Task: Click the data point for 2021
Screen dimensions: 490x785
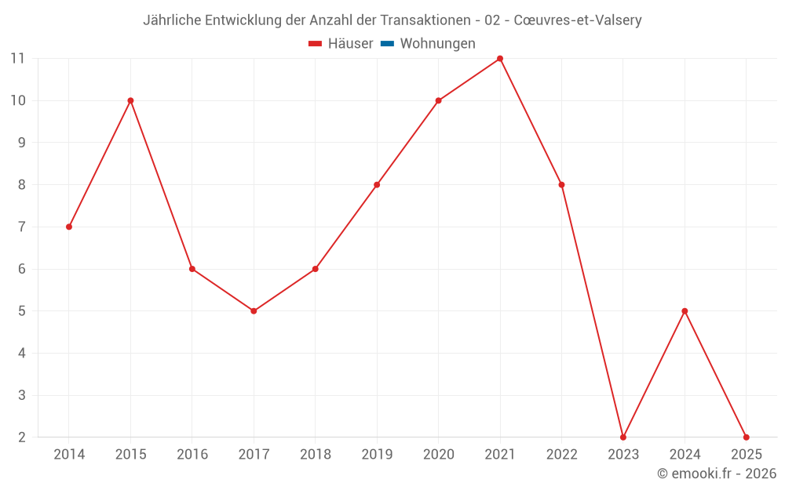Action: [x=500, y=59]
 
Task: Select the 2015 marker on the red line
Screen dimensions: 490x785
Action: [x=130, y=100]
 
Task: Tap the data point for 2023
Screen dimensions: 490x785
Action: [x=623, y=437]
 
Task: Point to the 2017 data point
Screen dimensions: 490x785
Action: [x=254, y=311]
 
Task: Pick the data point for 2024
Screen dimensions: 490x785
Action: [x=685, y=311]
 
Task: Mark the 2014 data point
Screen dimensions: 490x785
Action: [x=69, y=227]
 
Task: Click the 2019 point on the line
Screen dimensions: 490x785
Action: [x=377, y=185]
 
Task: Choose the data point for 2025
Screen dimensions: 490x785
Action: [x=746, y=437]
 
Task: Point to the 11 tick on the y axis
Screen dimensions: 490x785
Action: [x=17, y=58]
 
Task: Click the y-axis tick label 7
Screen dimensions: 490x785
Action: [x=21, y=227]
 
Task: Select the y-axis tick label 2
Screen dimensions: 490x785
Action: [x=21, y=437]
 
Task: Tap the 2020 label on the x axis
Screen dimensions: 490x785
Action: [x=438, y=455]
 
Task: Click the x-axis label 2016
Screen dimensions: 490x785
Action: [x=192, y=455]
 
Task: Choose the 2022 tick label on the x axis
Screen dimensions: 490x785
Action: [x=561, y=455]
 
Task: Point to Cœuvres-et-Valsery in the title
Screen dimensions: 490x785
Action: [x=577, y=20]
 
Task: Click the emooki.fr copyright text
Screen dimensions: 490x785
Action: [x=717, y=474]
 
